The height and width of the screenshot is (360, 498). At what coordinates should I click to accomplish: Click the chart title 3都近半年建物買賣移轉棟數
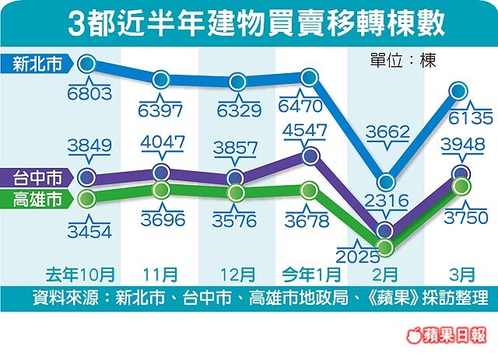[x=257, y=23]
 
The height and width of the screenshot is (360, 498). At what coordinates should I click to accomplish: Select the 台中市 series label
[x=37, y=177]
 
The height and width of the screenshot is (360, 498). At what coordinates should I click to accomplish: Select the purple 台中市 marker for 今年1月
[x=310, y=156]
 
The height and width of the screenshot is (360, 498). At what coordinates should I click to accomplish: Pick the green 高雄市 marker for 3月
[x=461, y=185]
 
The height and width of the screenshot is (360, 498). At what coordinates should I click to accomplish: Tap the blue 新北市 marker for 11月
[x=161, y=79]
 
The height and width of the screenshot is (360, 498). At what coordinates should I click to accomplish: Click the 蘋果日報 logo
[x=453, y=335]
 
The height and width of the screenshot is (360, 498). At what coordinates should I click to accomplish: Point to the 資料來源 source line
[x=260, y=298]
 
